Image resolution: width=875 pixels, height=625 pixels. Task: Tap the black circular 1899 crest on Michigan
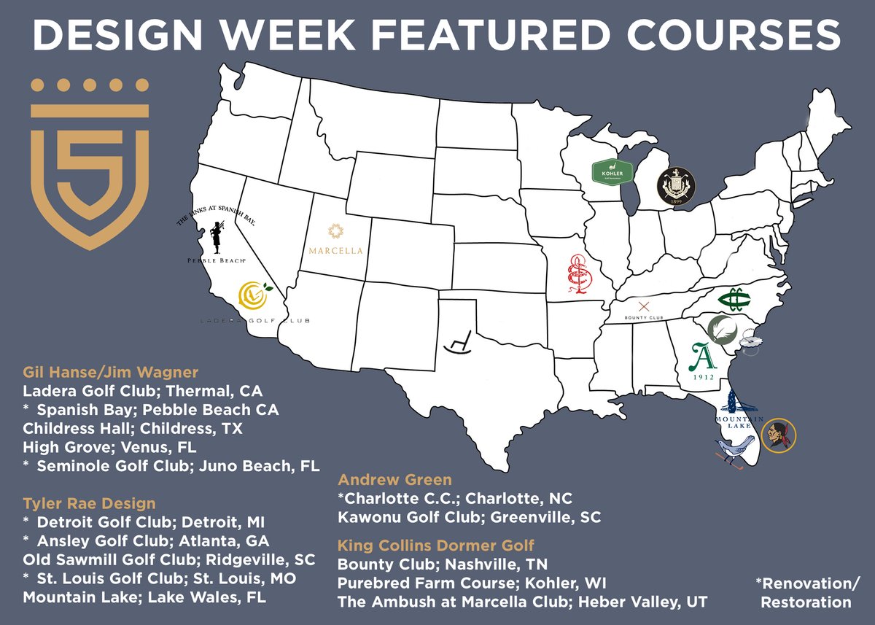point(676,187)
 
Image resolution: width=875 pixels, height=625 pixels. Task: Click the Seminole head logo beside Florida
point(779,436)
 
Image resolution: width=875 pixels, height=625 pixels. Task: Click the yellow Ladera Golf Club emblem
point(256,296)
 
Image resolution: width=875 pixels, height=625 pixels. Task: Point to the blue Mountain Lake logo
point(739,412)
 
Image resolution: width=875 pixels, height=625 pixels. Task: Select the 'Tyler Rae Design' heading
point(89,504)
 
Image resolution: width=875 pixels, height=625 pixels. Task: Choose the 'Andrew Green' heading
point(394,480)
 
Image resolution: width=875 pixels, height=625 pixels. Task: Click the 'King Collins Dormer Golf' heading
point(435,544)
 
